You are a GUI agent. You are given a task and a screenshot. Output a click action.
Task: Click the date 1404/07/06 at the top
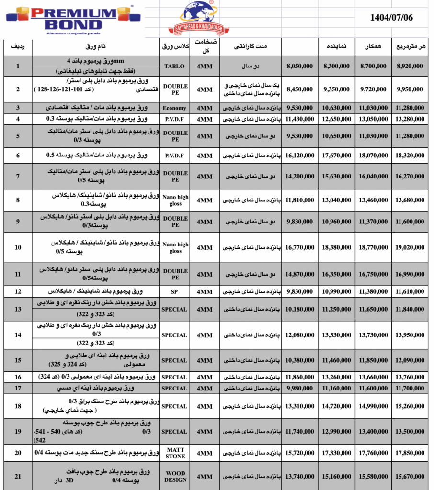point(391,18)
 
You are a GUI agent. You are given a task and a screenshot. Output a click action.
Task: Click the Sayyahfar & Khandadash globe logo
point(206,18)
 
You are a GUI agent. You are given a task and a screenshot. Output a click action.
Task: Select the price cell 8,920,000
point(410,67)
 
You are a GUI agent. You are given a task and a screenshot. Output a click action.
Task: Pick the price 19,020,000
point(410,248)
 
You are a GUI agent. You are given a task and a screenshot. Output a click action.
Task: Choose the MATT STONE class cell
point(175,453)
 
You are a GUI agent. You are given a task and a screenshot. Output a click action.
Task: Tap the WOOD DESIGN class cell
point(175,477)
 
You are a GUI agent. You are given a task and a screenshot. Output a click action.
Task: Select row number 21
point(18,476)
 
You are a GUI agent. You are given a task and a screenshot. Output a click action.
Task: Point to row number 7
point(18,177)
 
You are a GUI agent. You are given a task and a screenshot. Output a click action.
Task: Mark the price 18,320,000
point(410,156)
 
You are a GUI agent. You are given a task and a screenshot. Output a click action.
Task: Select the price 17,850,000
point(410,453)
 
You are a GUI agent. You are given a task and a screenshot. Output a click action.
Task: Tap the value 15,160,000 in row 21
point(337,477)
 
